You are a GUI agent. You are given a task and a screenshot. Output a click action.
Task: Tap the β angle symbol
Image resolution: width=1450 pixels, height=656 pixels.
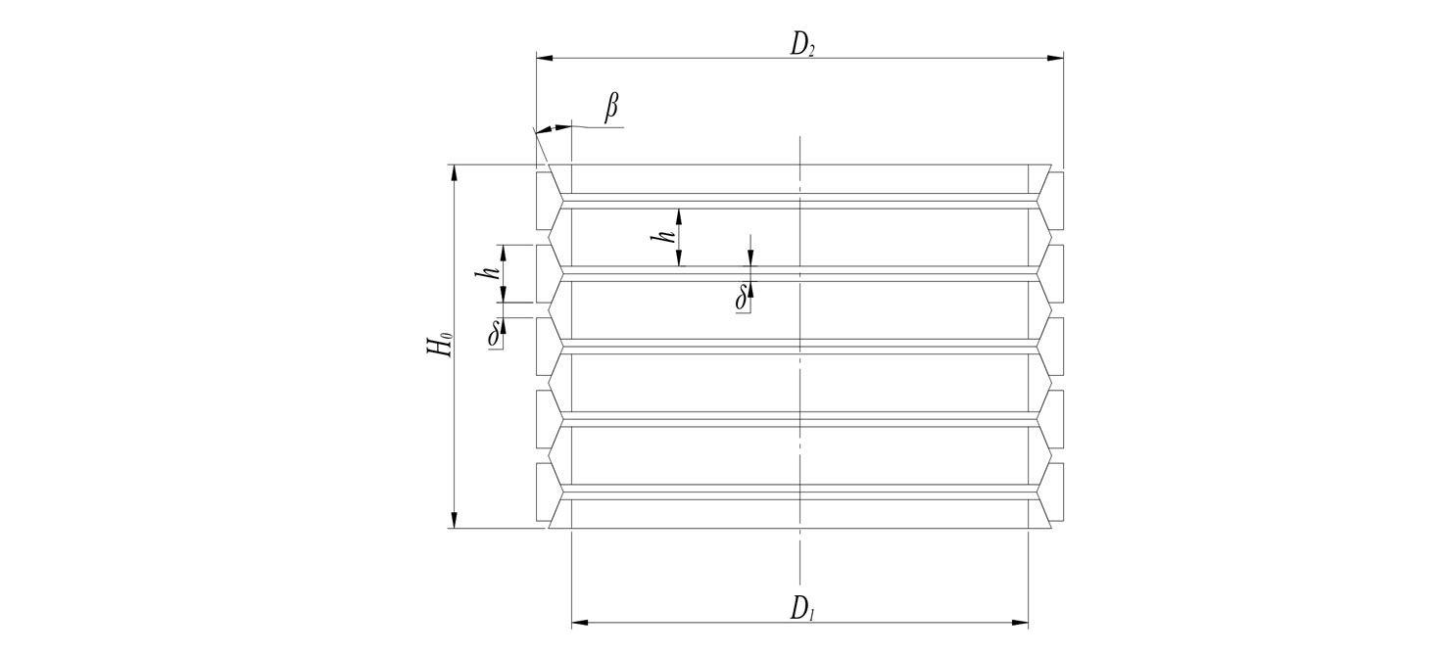coord(611,108)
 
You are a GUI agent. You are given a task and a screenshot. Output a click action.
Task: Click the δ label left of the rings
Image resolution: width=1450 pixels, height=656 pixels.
coord(495,334)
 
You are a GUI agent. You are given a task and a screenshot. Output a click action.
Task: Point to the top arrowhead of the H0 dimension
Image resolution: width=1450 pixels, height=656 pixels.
coord(454,172)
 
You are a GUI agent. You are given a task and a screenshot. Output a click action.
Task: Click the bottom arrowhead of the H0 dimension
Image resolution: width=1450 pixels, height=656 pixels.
coord(454,521)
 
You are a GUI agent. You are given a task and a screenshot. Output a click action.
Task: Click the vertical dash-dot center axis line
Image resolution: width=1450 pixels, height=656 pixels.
coord(800,372)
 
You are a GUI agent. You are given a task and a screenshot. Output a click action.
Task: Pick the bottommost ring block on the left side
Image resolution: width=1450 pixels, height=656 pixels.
coord(545,492)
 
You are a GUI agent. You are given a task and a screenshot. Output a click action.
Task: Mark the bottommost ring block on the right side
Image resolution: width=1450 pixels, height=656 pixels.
coord(1055,492)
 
